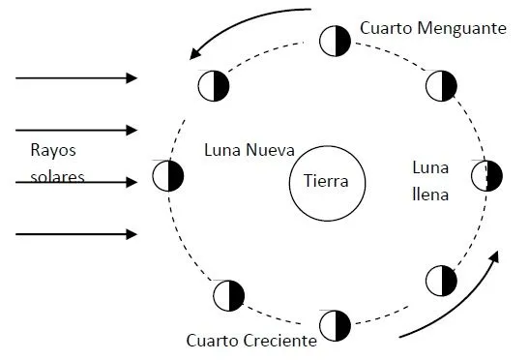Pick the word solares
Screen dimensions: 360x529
(x=56, y=177)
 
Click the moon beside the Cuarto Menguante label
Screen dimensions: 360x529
(x=335, y=41)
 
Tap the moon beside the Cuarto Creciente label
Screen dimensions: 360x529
(x=335, y=324)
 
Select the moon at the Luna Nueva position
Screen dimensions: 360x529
(x=168, y=176)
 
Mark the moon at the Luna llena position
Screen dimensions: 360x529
(x=486, y=177)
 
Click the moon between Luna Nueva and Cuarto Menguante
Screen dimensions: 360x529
(x=214, y=85)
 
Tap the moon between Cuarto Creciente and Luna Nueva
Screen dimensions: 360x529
(x=228, y=295)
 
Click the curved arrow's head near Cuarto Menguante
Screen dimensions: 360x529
(x=196, y=53)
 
